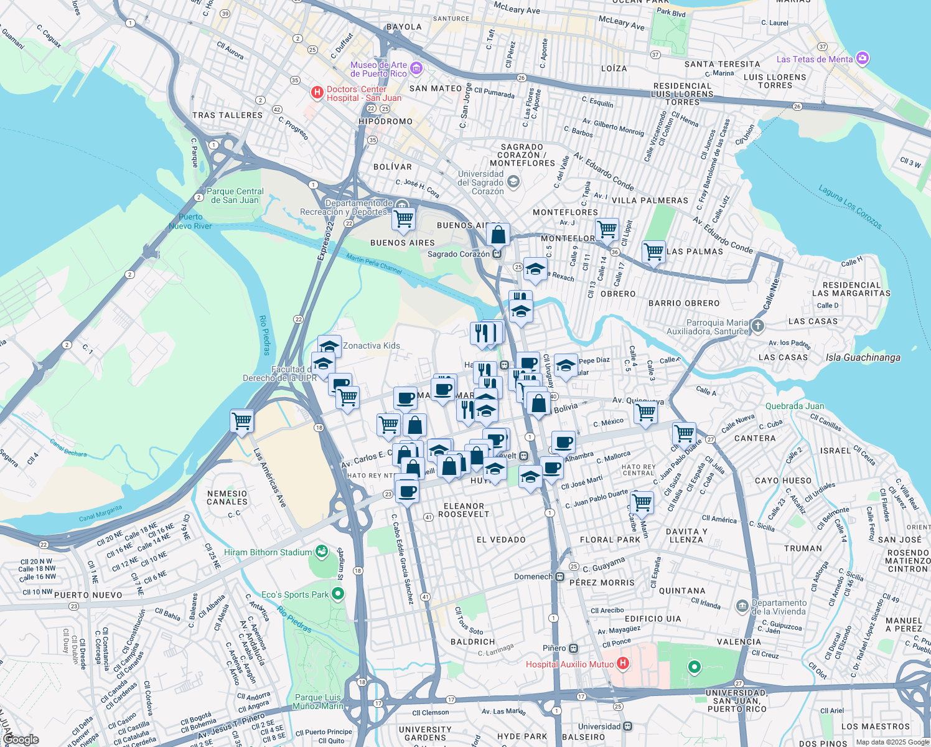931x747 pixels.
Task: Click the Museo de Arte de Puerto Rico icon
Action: click(x=416, y=68)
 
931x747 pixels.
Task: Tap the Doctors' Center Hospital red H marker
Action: click(x=317, y=93)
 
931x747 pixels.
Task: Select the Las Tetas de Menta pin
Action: click(x=863, y=59)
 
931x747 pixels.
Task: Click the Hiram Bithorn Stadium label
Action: click(x=268, y=552)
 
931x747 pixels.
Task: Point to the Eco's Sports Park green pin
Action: click(x=338, y=594)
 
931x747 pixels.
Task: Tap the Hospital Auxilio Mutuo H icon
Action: click(x=623, y=664)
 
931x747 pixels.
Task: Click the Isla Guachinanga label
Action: click(x=863, y=357)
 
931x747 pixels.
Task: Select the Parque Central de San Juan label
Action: click(x=235, y=195)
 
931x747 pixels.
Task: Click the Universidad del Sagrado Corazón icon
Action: click(x=513, y=182)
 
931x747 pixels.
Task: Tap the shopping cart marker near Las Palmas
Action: click(x=653, y=252)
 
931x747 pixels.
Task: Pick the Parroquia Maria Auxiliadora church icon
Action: click(x=757, y=326)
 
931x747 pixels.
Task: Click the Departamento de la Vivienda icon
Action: click(x=742, y=606)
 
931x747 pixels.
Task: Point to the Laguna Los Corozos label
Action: click(x=849, y=206)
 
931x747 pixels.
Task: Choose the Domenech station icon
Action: click(x=560, y=576)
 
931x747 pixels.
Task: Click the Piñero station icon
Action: click(x=573, y=648)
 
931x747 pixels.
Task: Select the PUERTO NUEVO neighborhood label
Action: click(x=88, y=595)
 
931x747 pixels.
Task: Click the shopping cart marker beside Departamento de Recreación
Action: click(x=404, y=219)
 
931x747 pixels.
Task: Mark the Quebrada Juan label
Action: click(x=795, y=406)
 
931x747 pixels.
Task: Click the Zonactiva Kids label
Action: click(x=372, y=345)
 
